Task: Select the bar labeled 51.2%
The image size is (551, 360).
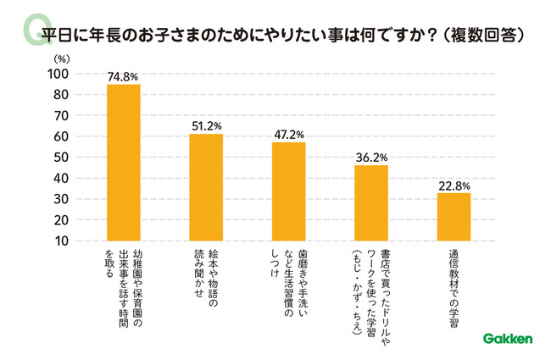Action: pos(205,187)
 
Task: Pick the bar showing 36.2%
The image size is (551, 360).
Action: pos(370,203)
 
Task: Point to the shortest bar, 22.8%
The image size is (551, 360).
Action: pos(454,217)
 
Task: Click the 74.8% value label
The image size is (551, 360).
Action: pos(123,76)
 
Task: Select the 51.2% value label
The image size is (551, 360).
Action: pos(205,126)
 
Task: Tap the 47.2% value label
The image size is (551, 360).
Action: pos(288,135)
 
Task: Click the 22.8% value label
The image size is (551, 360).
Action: pos(454,186)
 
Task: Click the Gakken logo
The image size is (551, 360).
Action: pos(508,339)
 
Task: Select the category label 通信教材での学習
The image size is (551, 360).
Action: pos(454,284)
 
